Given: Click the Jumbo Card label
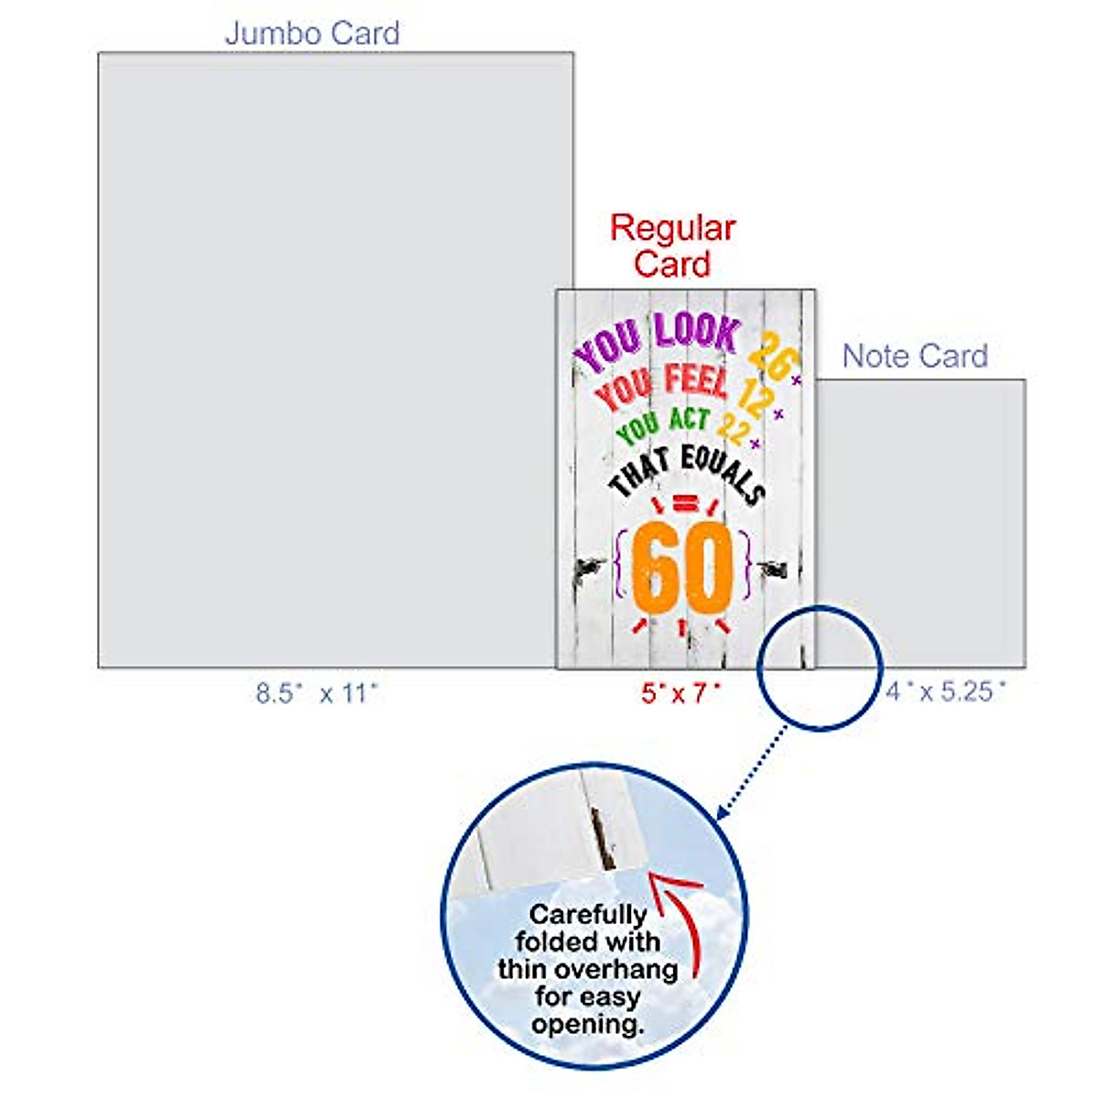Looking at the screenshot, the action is pyautogui.click(x=312, y=34).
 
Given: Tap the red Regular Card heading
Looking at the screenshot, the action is pyautogui.click(x=673, y=245).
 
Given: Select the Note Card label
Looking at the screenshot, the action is pyautogui.click(x=915, y=355).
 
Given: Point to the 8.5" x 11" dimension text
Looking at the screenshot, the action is pyautogui.click(x=317, y=693).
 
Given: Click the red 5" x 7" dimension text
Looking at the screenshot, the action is pyautogui.click(x=680, y=693).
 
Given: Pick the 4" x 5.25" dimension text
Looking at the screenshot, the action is pyautogui.click(x=945, y=691).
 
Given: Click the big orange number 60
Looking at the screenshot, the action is pyautogui.click(x=683, y=569).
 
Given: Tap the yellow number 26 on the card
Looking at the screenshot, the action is pyautogui.click(x=772, y=354).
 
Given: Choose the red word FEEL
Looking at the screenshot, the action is pyautogui.click(x=695, y=379).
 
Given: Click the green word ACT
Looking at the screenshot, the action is pyautogui.click(x=689, y=419).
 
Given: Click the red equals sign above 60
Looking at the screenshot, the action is pyautogui.click(x=683, y=504).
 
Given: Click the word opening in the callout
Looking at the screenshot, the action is pyautogui.click(x=586, y=1024).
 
